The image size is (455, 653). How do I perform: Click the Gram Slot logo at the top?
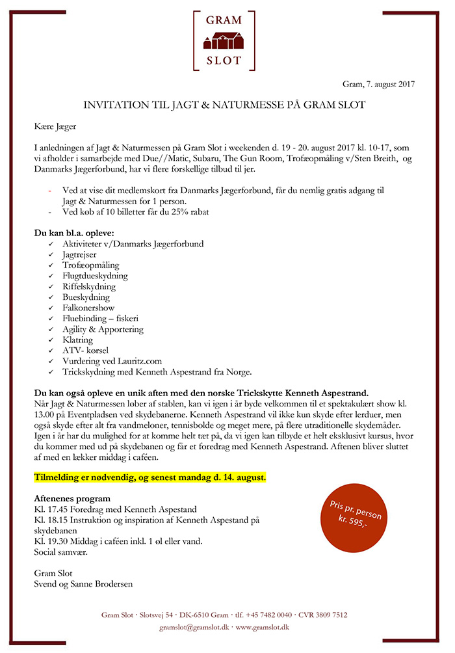224,40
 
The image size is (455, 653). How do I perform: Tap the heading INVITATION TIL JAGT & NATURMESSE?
224,105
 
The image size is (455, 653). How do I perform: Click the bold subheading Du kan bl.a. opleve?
74,233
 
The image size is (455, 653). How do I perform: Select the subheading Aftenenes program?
73,498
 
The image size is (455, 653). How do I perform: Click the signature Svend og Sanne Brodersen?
83,583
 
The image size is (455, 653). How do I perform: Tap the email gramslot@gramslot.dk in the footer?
194,627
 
